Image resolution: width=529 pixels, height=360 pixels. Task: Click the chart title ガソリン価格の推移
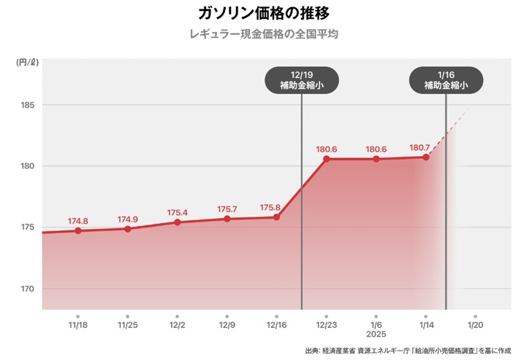tap(264, 13)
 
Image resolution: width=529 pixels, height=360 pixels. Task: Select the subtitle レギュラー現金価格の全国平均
tap(264, 34)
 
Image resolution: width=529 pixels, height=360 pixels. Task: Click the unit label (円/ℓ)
tap(28, 63)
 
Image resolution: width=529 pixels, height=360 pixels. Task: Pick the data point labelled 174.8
tap(78, 230)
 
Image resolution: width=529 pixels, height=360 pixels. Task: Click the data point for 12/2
tap(177, 222)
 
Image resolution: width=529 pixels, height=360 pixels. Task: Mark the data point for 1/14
tap(426, 157)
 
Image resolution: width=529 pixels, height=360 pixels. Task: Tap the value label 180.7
tap(420, 148)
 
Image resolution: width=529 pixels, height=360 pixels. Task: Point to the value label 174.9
tap(127, 219)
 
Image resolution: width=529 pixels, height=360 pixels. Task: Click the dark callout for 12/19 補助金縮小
tap(302, 80)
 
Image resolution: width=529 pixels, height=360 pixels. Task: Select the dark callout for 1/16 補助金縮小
tap(446, 80)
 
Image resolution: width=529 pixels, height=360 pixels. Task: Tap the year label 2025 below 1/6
tap(376, 334)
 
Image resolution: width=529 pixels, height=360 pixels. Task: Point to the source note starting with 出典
tap(412, 351)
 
